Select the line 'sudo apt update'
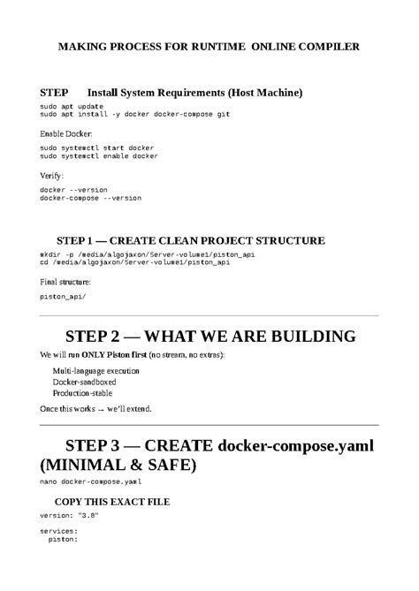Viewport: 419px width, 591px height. click(x=71, y=105)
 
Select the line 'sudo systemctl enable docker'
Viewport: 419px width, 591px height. click(x=99, y=155)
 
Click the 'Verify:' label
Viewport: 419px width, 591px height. click(x=52, y=175)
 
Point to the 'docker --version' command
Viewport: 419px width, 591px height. click(x=73, y=189)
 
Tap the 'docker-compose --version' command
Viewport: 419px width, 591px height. click(x=90, y=198)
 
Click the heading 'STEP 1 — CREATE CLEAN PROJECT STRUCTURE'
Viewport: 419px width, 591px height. click(x=190, y=240)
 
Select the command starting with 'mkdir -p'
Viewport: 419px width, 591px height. click(x=147, y=254)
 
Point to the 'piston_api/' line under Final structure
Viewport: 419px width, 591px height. click(x=64, y=296)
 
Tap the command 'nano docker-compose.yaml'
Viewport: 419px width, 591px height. click(x=90, y=483)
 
